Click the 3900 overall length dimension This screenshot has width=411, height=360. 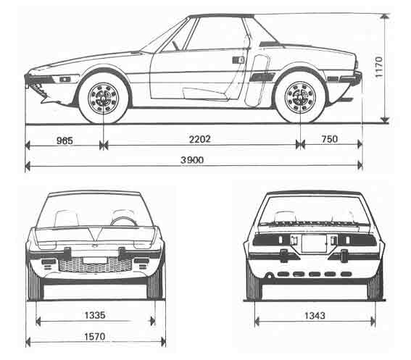click(192, 160)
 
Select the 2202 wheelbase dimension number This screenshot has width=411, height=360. click(200, 139)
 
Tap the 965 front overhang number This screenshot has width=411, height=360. click(65, 141)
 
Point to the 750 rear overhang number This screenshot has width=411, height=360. click(330, 139)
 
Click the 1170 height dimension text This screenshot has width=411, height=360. click(379, 67)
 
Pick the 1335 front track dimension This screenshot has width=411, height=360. click(95, 315)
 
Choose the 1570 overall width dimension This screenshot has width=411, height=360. click(95, 336)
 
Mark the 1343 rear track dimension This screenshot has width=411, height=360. click(315, 316)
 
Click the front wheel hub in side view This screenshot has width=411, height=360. click(103, 99)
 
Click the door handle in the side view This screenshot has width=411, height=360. click(238, 60)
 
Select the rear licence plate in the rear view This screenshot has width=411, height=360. click(314, 243)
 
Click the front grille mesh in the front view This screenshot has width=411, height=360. click(95, 264)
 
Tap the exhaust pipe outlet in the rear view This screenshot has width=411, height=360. click(269, 275)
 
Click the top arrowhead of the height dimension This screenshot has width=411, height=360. click(384, 17)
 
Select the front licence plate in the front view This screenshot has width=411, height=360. click(95, 261)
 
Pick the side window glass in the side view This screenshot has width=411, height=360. click(216, 33)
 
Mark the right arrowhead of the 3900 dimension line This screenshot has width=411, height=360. click(360, 166)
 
